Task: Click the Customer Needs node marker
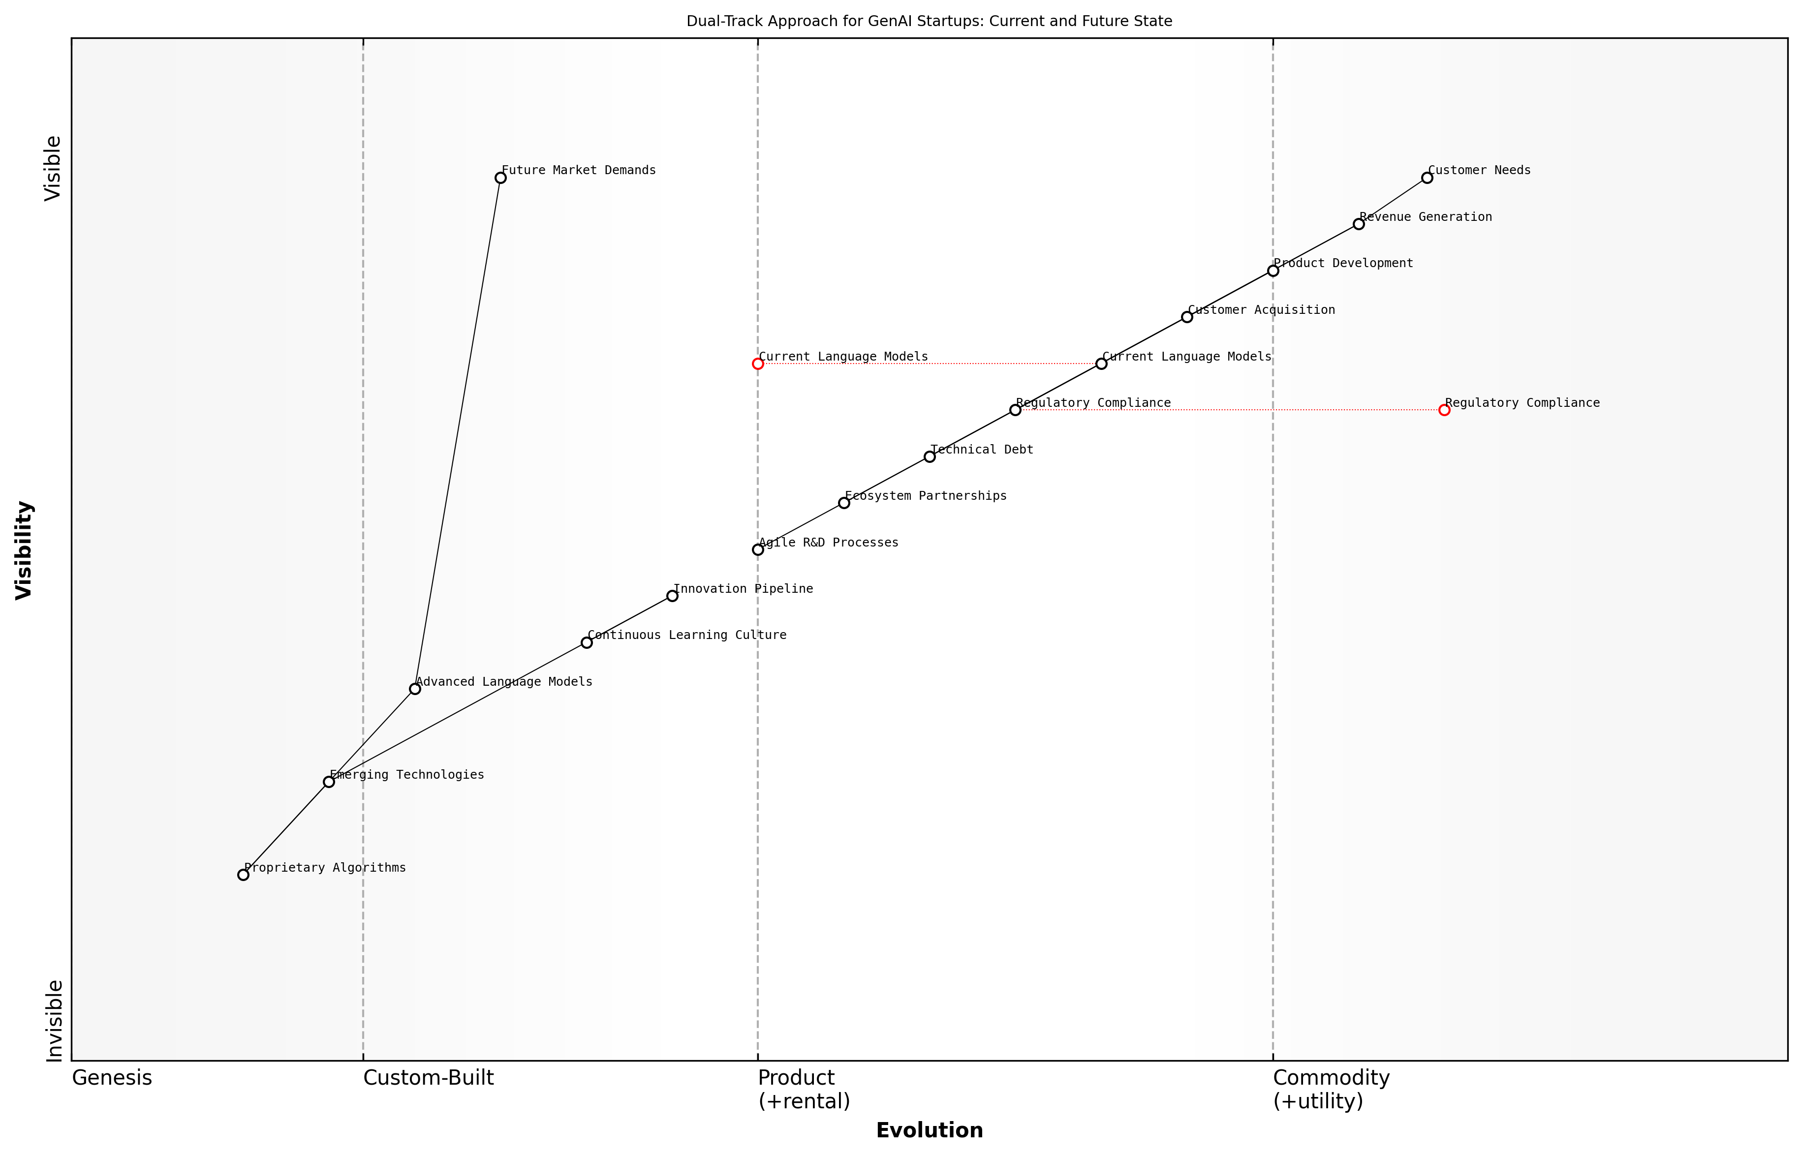pyautogui.click(x=1427, y=178)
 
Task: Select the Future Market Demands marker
pyautogui.click(x=501, y=178)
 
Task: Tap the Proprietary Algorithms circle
pyautogui.click(x=243, y=875)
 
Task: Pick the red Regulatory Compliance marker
pyautogui.click(x=1444, y=410)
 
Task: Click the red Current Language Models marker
pyautogui.click(x=758, y=364)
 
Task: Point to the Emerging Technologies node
pyautogui.click(x=329, y=782)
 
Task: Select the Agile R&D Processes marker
pyautogui.click(x=758, y=549)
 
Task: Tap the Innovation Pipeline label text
pyautogui.click(x=743, y=589)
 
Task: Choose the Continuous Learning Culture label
pyautogui.click(x=687, y=636)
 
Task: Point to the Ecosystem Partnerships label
pyautogui.click(x=925, y=496)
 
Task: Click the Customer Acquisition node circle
pyautogui.click(x=1187, y=317)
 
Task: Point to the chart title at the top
pyautogui.click(x=929, y=21)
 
